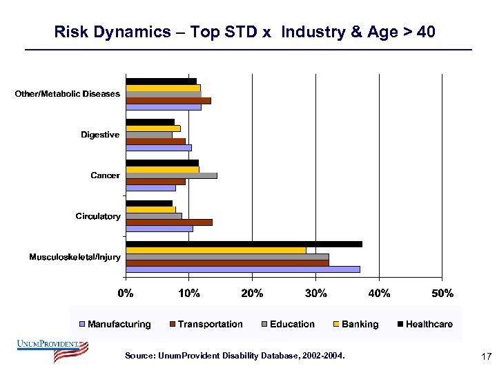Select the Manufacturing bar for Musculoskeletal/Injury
pos(242,269)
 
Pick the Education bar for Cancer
pos(171,175)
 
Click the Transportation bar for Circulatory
pos(168,222)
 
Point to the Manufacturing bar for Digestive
pos(158,147)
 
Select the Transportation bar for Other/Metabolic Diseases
pos(168,100)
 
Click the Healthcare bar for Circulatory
pos(148,203)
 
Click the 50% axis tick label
pos(442,293)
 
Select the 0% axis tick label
pos(126,293)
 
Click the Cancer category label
pos(105,175)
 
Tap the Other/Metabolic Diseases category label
pos(68,94)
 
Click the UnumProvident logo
pos(52,350)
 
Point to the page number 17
pos(485,356)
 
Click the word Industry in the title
pos(313,32)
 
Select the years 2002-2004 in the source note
pos(323,356)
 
